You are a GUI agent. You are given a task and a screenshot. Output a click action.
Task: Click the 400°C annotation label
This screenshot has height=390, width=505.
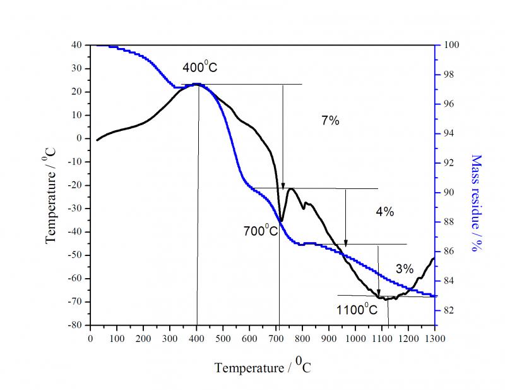[x=200, y=68]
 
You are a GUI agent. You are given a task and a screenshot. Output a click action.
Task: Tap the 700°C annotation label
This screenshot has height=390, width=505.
[x=261, y=231]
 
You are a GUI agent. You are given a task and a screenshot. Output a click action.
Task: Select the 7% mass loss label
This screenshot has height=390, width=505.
[x=330, y=120]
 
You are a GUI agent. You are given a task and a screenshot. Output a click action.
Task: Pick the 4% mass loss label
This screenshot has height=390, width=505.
[x=384, y=212]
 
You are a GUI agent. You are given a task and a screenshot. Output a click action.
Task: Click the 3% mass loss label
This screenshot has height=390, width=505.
[x=405, y=269]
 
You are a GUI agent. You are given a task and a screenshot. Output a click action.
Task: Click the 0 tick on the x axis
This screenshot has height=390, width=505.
[x=90, y=339]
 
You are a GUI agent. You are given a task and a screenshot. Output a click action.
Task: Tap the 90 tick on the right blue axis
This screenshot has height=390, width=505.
[x=447, y=192]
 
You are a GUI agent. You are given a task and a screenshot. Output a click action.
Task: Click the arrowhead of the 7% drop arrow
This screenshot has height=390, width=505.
[x=283, y=185]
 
